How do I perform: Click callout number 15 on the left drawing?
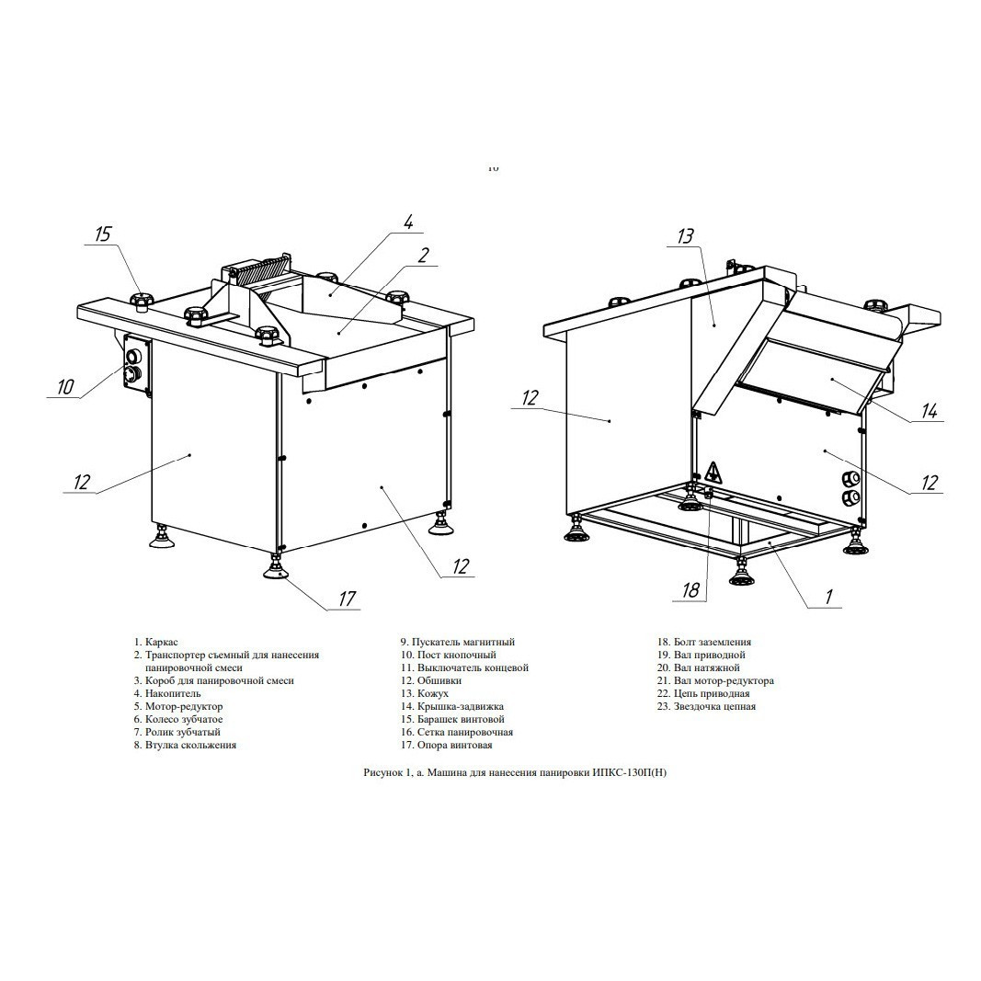[x=103, y=234]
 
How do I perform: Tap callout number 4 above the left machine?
[x=408, y=222]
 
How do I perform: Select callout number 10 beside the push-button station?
[x=65, y=387]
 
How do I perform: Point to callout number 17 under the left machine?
[x=347, y=599]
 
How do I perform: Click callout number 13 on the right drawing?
[x=686, y=236]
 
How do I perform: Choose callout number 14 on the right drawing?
[x=930, y=411]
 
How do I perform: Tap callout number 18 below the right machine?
[x=690, y=590]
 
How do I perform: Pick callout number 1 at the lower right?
[x=829, y=597]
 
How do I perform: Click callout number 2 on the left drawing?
[x=424, y=256]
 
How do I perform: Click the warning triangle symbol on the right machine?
[x=713, y=472]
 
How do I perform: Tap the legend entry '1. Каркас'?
[x=155, y=642]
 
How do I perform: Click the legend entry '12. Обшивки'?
[x=431, y=680]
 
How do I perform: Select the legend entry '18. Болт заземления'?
[x=704, y=642]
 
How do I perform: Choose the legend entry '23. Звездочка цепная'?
[x=706, y=706]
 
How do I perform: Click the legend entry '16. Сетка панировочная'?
[x=457, y=732]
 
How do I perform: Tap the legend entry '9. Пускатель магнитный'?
[x=457, y=642]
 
